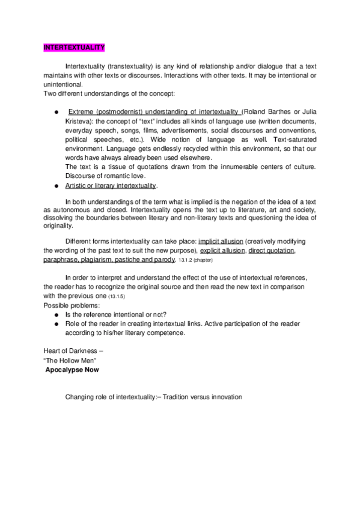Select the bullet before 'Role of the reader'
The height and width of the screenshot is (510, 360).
point(55,324)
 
